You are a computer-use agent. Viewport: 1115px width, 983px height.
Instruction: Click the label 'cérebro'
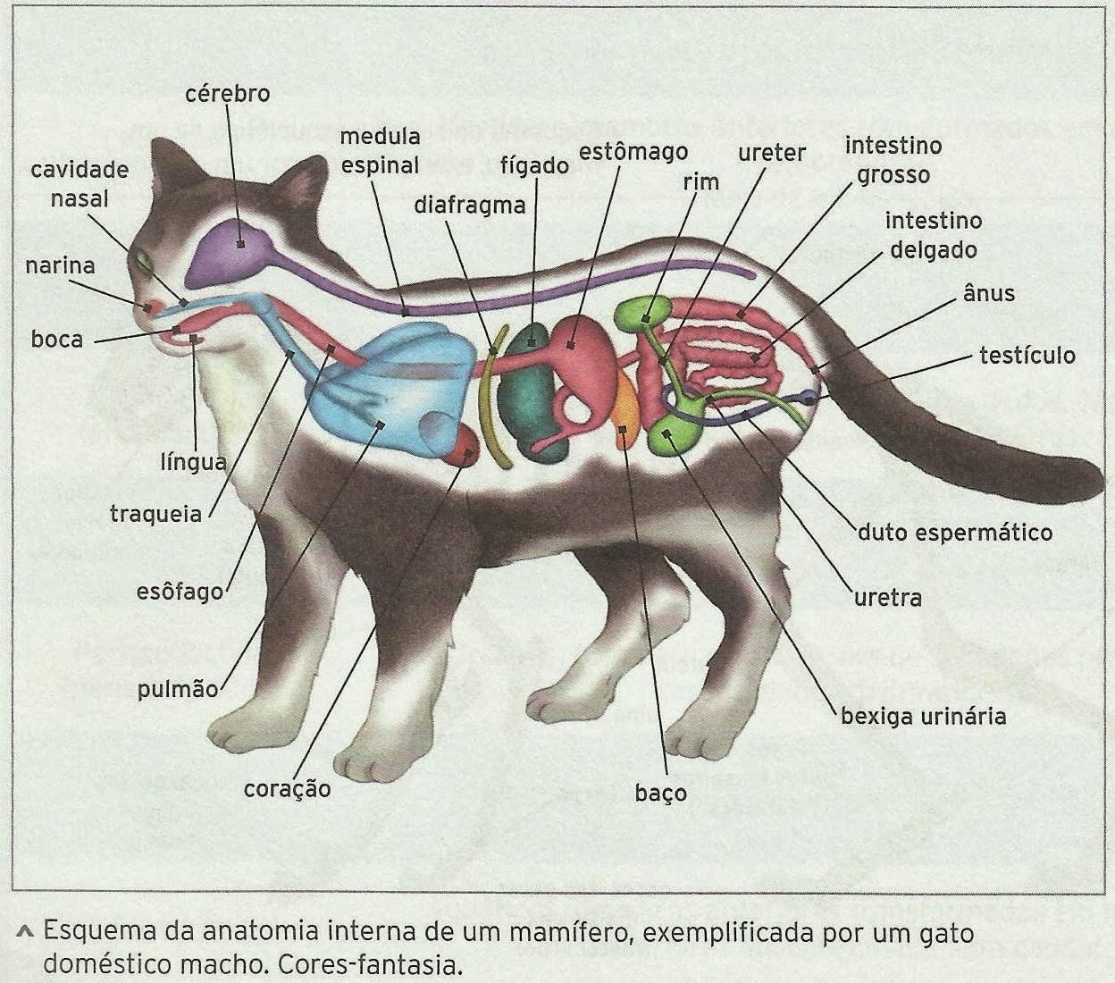227,93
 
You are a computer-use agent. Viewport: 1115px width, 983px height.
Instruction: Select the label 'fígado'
534,166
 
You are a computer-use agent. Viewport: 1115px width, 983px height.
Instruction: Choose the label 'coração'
287,789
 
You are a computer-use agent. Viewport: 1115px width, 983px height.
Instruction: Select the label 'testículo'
1027,355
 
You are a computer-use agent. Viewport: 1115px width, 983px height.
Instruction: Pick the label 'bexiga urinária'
923,716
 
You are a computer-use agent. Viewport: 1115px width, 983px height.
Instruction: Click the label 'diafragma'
469,205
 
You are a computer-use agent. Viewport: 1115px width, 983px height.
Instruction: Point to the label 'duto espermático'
954,533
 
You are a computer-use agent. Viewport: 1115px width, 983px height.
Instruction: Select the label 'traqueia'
155,514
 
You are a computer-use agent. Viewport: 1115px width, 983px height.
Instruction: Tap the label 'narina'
60,265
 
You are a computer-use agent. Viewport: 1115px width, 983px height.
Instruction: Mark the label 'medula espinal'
380,151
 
